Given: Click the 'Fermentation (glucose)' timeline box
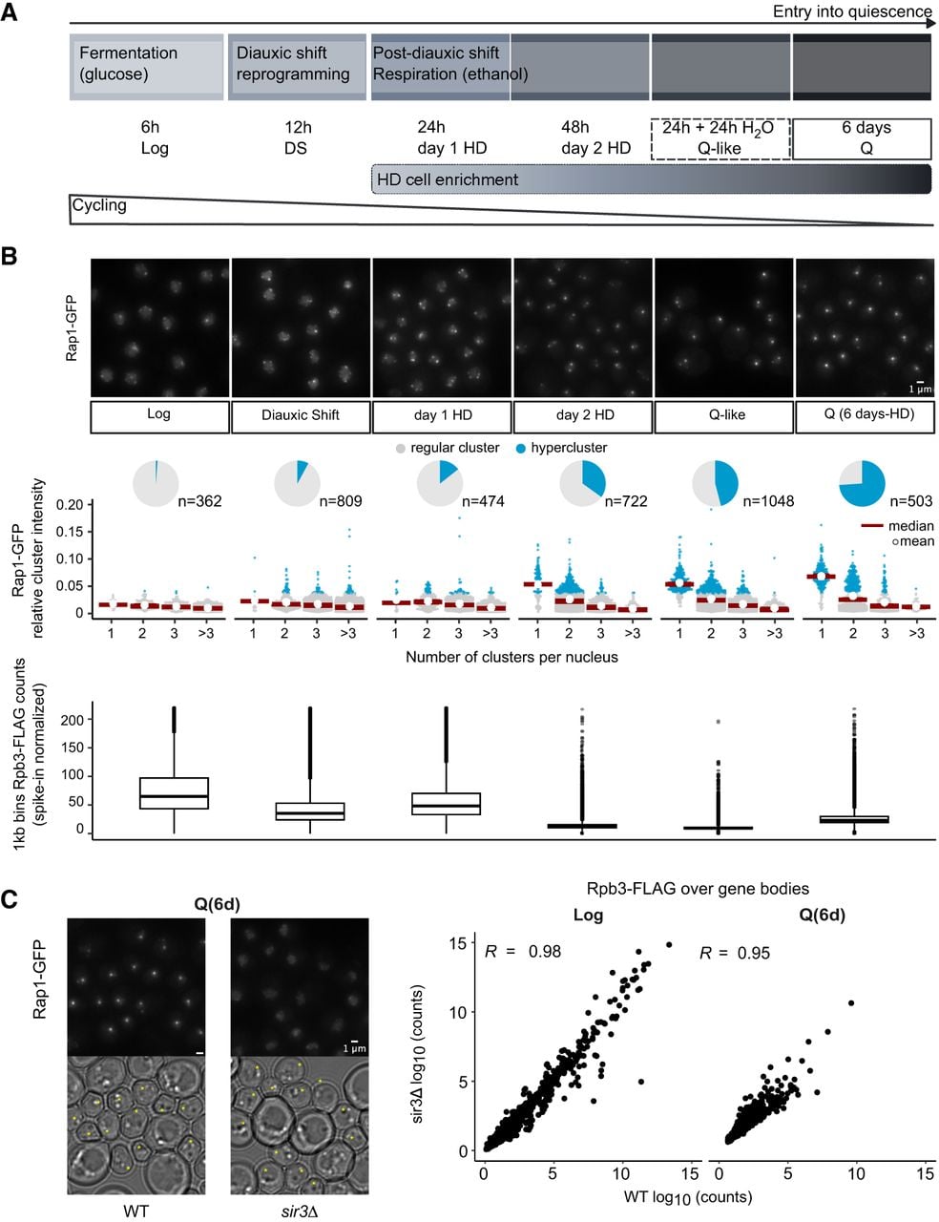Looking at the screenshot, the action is (x=147, y=67).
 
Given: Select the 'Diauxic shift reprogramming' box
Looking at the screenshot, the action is (x=297, y=67).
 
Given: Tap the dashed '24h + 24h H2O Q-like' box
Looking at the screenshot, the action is (x=720, y=138).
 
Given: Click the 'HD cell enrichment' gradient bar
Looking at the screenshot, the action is (x=651, y=179).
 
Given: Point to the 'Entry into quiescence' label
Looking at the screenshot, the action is (x=852, y=11).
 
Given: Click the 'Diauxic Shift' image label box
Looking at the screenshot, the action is (x=300, y=416).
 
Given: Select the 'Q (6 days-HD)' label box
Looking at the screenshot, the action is (x=865, y=416).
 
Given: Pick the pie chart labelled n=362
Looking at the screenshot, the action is (x=156, y=483).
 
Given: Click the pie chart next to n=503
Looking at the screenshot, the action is (x=862, y=483).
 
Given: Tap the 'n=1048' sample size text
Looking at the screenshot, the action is (x=768, y=501).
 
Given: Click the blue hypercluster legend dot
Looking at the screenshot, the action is (x=521, y=448).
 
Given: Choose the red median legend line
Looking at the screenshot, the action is (x=871, y=526).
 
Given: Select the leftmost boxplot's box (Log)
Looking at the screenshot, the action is (x=174, y=793).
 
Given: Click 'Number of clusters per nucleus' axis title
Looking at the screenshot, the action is (x=511, y=657).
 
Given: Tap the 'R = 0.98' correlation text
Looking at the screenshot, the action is (x=523, y=951).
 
